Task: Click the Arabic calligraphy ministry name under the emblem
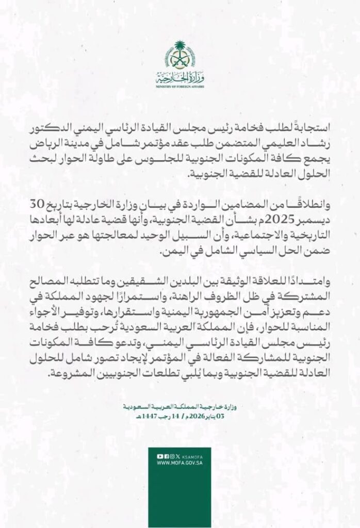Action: coord(179,78)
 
